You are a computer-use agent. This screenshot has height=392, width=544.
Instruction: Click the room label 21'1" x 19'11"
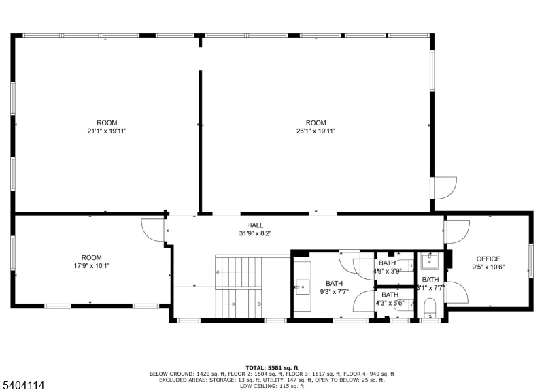tap(107, 131)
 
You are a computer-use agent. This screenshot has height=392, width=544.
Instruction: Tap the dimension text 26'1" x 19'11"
tap(316, 131)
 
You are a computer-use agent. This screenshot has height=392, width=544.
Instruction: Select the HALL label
tap(255, 225)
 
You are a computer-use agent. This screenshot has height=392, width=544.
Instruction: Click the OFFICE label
tap(488, 259)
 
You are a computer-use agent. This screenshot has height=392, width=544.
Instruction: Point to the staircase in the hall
tap(238, 286)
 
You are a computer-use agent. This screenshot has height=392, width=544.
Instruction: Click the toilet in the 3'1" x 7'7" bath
tap(429, 312)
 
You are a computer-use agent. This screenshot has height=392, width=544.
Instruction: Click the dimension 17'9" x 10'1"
tap(91, 266)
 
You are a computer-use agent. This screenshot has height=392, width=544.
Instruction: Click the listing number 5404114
tap(23, 385)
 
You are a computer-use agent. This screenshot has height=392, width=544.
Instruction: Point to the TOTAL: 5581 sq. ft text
tap(271, 367)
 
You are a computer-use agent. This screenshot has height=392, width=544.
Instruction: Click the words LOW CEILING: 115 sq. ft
tap(271, 386)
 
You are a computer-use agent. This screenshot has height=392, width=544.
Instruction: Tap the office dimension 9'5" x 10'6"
tap(488, 267)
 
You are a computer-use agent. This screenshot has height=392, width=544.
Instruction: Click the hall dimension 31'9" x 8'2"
tap(255, 233)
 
